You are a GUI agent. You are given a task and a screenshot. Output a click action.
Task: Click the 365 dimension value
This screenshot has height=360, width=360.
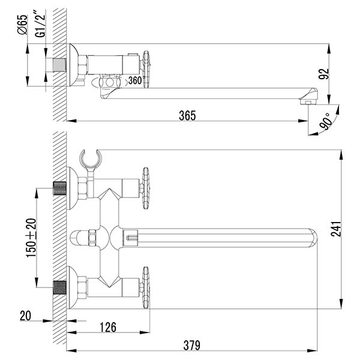(x=187, y=115)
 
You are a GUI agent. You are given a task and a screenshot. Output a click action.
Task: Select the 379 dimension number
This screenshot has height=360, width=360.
(x=192, y=345)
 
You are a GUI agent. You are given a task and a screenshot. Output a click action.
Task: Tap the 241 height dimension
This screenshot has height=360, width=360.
(x=337, y=229)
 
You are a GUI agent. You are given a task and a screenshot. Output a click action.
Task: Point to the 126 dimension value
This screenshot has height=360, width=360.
(x=108, y=327)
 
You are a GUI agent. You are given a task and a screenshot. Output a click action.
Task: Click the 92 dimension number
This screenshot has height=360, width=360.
(x=324, y=74)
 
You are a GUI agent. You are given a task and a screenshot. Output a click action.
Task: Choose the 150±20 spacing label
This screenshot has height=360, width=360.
(x=31, y=238)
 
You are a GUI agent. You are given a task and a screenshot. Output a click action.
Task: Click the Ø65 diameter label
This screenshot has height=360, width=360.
(x=22, y=25)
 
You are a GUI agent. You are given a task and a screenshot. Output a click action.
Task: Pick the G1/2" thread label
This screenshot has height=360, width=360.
(x=41, y=24)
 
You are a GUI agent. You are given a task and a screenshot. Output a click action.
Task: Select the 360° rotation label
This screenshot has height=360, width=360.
(x=136, y=80)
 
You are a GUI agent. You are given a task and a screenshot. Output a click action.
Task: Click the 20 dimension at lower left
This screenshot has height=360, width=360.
(x=25, y=316)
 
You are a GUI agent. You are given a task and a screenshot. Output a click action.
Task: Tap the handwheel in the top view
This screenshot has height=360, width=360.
(x=146, y=70)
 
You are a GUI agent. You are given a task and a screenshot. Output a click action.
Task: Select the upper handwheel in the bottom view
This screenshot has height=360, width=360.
(x=146, y=188)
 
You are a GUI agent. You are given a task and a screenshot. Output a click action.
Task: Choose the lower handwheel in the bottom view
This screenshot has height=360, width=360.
(x=146, y=287)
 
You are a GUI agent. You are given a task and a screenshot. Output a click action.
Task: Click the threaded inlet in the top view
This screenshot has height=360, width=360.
(x=59, y=65)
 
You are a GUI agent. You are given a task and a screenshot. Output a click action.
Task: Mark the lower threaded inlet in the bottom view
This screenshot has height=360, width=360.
(x=59, y=287)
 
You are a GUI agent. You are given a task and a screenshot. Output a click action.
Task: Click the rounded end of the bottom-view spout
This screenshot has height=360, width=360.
(x=312, y=238)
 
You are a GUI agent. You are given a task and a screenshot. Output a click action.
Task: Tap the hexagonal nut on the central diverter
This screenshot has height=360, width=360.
(x=92, y=238)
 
